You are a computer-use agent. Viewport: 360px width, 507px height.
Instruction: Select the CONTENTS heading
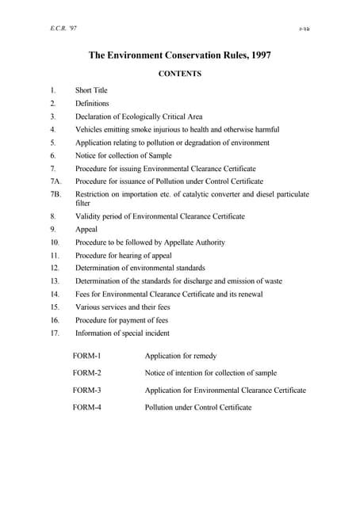click(181, 74)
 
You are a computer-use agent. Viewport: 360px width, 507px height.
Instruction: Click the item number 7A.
click(54, 181)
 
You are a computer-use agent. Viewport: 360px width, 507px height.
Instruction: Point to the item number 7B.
click(54, 194)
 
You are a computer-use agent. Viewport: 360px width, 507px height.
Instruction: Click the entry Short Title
click(91, 90)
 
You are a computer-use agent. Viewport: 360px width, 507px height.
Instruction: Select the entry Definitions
click(92, 103)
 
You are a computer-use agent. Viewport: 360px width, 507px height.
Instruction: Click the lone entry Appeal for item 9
click(86, 228)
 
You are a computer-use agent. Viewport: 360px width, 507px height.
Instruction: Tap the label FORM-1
click(86, 356)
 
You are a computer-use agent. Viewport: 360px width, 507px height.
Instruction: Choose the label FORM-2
click(86, 372)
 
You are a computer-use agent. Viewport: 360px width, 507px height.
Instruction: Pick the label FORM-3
click(86, 390)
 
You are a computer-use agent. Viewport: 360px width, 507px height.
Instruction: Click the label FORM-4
click(86, 407)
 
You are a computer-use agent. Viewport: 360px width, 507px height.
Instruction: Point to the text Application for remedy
click(180, 356)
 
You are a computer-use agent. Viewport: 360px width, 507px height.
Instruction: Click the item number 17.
click(54, 333)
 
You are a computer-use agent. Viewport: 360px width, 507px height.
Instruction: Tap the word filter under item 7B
click(83, 203)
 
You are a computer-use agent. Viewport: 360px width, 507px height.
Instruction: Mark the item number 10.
click(54, 242)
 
